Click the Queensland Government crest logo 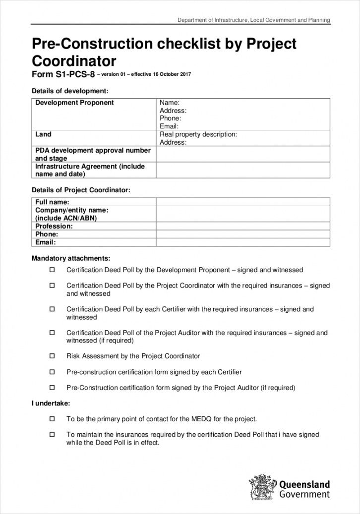coord(262,488)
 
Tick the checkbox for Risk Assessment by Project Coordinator coord(52,356)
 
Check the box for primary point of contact coord(52,419)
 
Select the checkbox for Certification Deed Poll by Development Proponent coord(52,270)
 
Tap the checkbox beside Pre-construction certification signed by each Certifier coord(52,372)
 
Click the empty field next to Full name coord(243,202)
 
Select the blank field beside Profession coord(243,226)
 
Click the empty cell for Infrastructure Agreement coord(243,170)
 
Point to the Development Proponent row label coord(74,103)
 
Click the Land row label coord(43,134)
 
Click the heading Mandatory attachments coord(71,258)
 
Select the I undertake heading coord(51,403)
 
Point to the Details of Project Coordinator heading coord(81,190)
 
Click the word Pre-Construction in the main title coord(93,45)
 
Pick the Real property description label coord(198,134)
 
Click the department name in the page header coord(254,20)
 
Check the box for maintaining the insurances coord(52,435)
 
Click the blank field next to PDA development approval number coord(243,154)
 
